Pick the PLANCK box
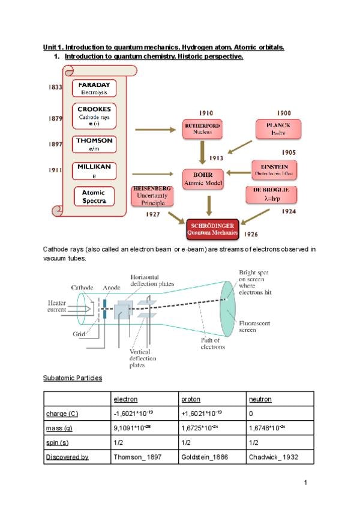pos(277,128)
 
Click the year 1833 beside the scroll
pos(55,88)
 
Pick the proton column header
pos(191,399)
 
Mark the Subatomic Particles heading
pos(73,378)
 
